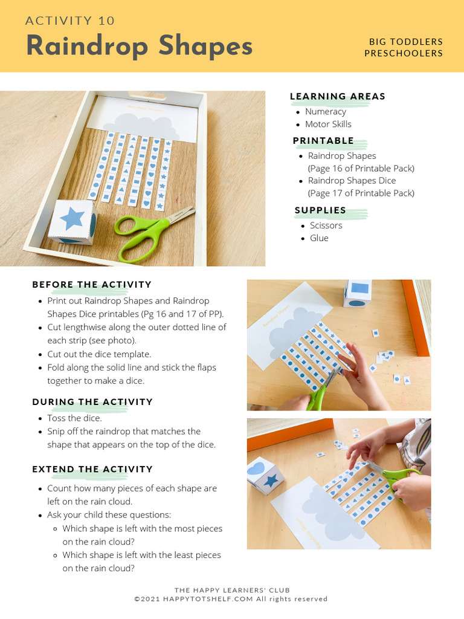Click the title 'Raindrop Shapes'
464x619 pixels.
pos(139,46)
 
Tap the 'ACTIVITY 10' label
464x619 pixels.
pos(70,21)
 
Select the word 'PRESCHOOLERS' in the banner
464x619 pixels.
pos(404,53)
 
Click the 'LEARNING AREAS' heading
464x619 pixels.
pos(337,96)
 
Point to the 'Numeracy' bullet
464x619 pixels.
pos(325,111)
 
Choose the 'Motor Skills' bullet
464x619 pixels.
pos(327,124)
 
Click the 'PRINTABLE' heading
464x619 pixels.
pos(323,140)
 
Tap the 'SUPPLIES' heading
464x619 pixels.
pos(320,210)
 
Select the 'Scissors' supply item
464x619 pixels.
pos(326,225)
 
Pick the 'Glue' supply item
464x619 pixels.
pos(319,238)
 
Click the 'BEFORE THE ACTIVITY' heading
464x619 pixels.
pos(92,285)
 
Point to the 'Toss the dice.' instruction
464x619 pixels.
pos(74,418)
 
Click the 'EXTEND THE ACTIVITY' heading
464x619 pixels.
pos(92,469)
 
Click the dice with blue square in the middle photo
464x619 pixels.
pos(358,293)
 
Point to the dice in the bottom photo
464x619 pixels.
pos(264,476)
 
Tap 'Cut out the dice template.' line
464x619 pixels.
pos(99,354)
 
